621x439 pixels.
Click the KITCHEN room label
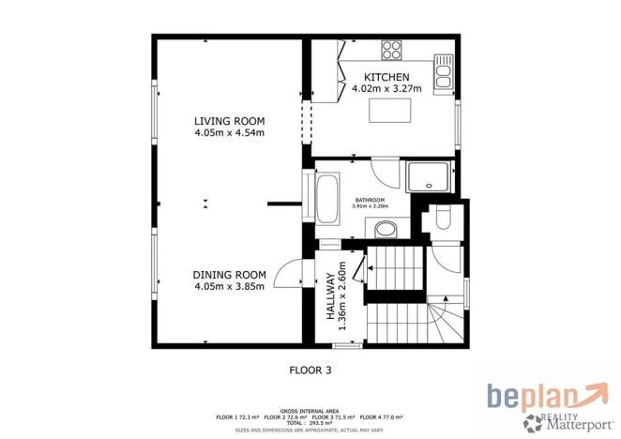point(386,77)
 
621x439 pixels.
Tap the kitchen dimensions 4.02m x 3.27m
point(386,89)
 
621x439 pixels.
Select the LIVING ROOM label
point(229,121)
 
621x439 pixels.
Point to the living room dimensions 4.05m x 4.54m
point(229,133)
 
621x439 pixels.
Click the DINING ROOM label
point(229,274)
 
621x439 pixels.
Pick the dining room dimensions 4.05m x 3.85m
point(229,286)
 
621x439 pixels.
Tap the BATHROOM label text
point(368,198)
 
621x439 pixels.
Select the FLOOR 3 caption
point(310,370)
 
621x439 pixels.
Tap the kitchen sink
point(443,68)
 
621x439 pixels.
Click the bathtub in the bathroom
point(328,198)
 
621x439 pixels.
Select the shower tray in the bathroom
point(430,175)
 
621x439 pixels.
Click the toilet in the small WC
point(445,220)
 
